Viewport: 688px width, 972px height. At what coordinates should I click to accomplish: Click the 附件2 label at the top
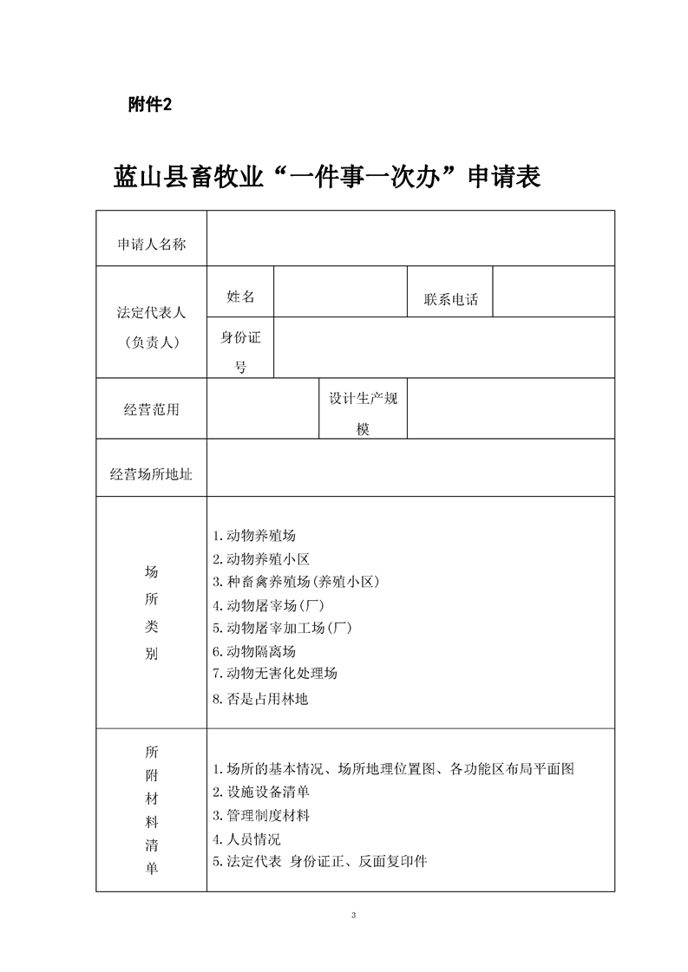coord(149,105)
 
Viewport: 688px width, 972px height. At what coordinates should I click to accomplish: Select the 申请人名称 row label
coord(151,245)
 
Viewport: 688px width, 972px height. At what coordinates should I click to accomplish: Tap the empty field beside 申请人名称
coord(410,238)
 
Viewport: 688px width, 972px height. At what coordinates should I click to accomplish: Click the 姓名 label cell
coord(240,297)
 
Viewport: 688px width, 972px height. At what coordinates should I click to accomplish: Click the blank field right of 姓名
coord(340,291)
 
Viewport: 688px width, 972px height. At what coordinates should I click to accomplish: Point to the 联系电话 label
coord(450,300)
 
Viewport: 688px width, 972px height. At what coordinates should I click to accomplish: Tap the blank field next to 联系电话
coord(554,291)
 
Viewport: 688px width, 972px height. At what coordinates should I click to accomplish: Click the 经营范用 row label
coord(151,409)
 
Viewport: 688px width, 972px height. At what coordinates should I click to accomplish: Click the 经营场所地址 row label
coord(151,474)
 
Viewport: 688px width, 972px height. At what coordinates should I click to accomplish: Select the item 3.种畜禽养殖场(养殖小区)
coord(296,582)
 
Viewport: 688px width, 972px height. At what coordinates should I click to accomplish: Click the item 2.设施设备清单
coord(261,792)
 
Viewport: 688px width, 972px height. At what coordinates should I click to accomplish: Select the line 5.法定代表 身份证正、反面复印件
coord(319,861)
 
